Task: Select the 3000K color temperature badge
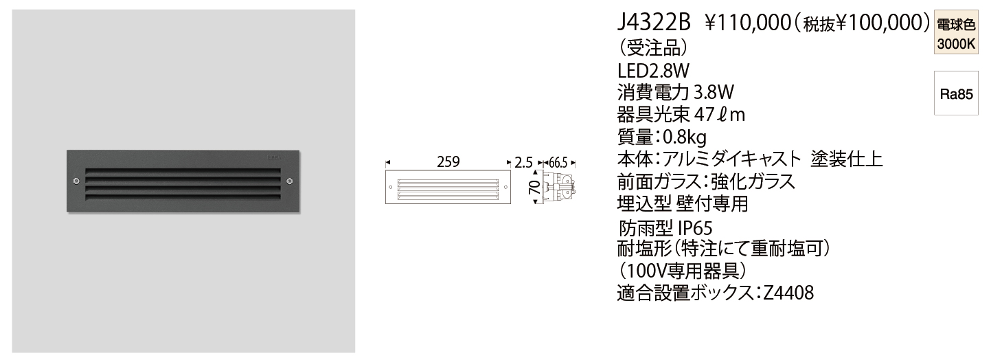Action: coord(955,44)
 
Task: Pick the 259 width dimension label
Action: coord(448,163)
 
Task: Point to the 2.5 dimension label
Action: coord(523,163)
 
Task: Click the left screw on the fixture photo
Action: coord(76,181)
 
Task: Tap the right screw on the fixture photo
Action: coord(289,181)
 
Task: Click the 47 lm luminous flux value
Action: coord(720,115)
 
